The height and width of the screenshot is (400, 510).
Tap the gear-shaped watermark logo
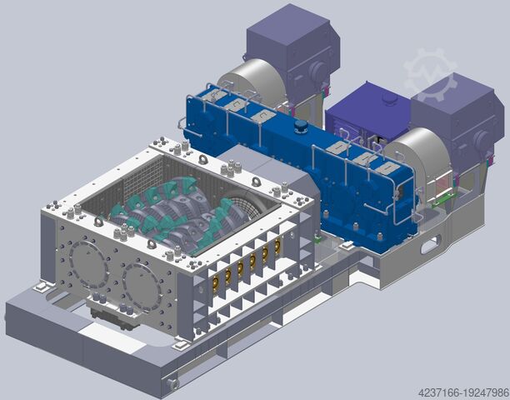[x=430, y=74]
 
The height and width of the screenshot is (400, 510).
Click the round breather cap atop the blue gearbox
[x=301, y=127]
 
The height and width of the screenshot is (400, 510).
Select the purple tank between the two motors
[x=367, y=111]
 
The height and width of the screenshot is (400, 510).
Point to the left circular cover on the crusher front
[x=88, y=265]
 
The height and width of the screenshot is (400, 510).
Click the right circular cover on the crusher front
[x=142, y=287]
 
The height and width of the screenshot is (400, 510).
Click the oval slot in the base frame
[x=429, y=246]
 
